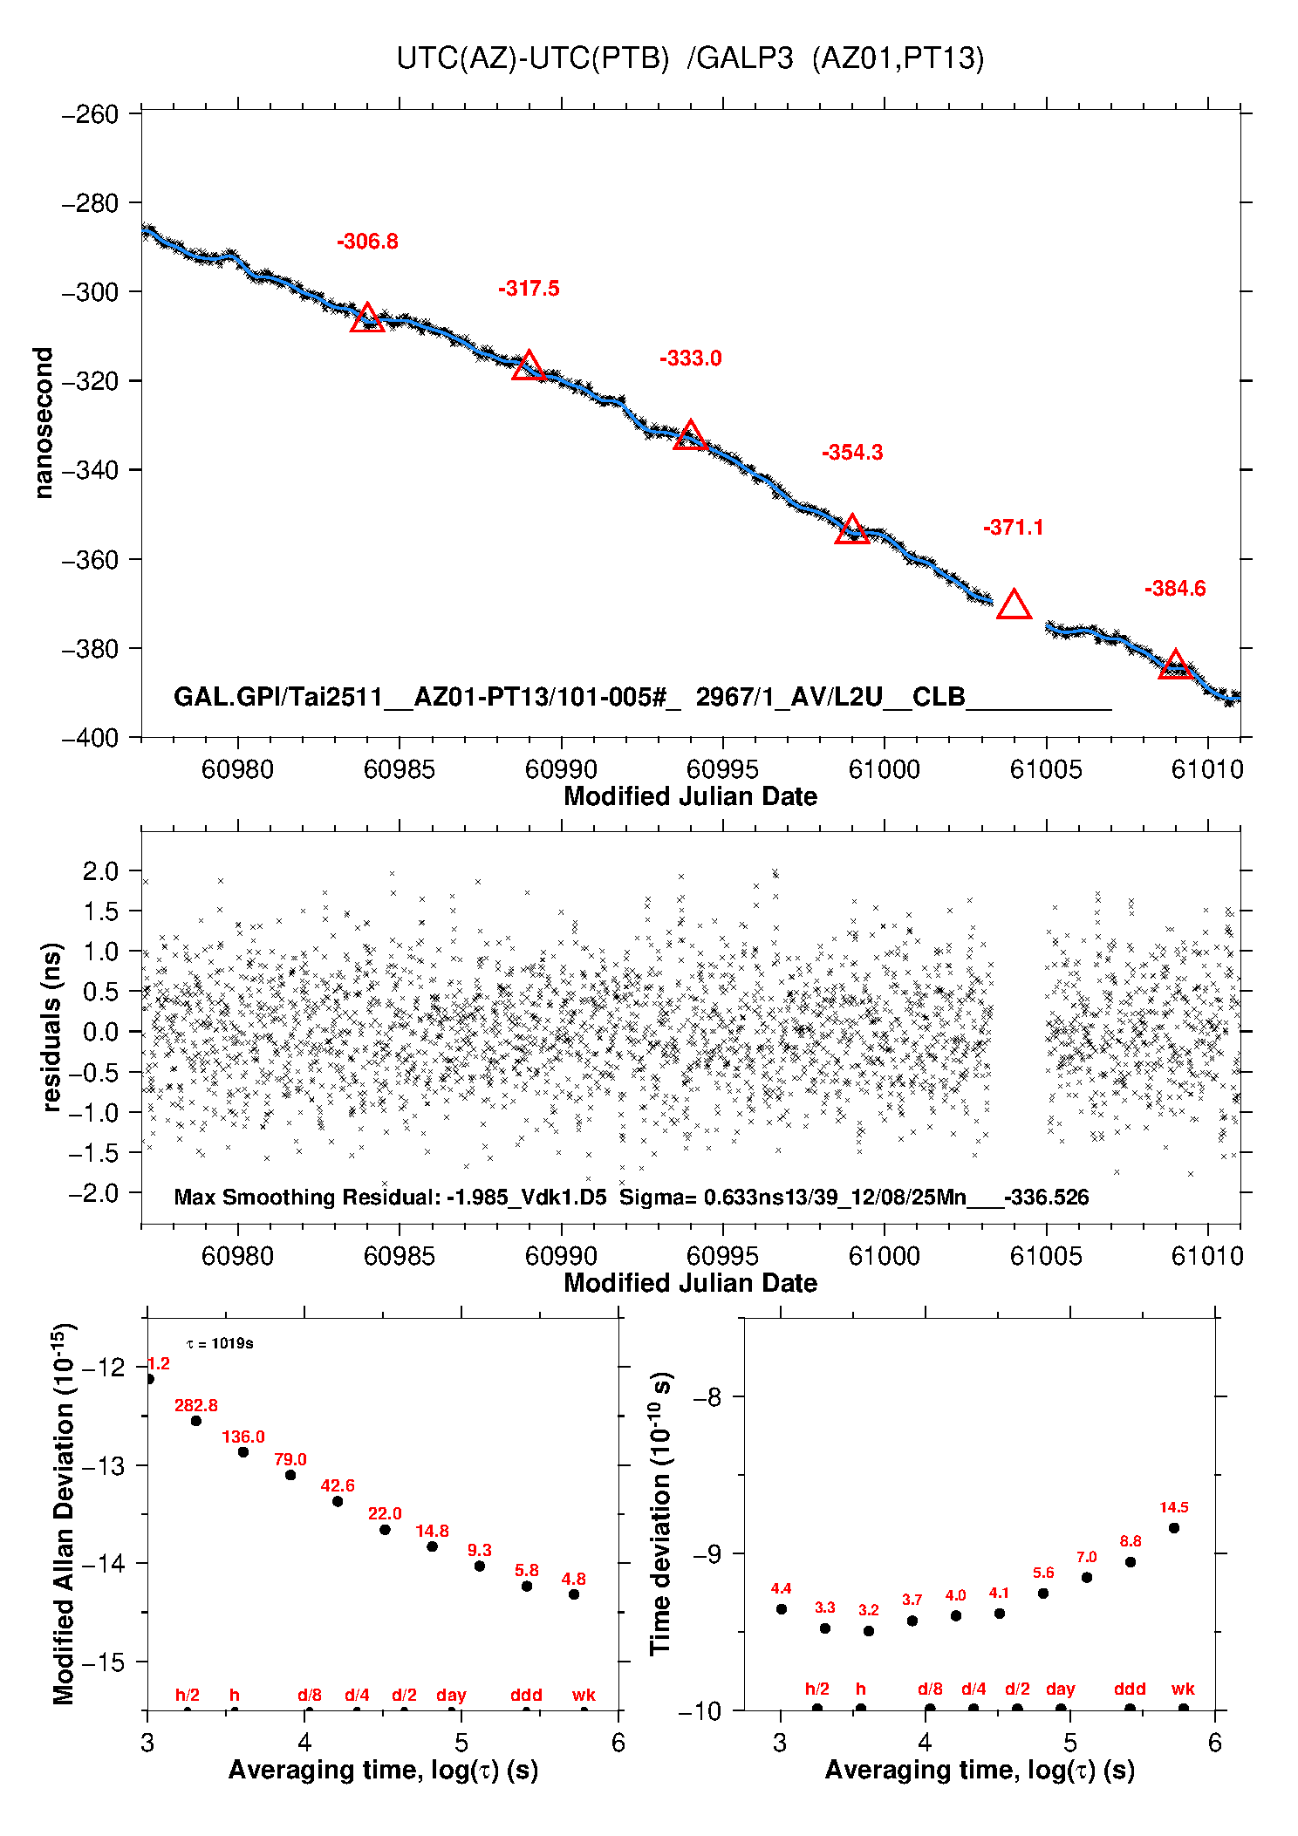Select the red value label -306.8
(x=367, y=242)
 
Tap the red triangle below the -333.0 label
(x=690, y=435)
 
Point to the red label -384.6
(x=1175, y=589)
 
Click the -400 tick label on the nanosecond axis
(x=90, y=738)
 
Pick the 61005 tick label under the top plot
(x=1045, y=769)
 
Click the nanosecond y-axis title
(x=44, y=423)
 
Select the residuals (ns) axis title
(x=52, y=1027)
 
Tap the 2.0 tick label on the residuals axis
(x=100, y=870)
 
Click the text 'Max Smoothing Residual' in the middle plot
(x=307, y=1197)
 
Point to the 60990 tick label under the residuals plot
(x=561, y=1256)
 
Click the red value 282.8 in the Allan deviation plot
(x=196, y=1405)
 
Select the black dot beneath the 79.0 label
(x=290, y=1475)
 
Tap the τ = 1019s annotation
(x=220, y=1343)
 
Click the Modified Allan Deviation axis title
(x=65, y=1514)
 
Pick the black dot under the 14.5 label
(x=1174, y=1527)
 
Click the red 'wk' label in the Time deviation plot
(x=1183, y=1689)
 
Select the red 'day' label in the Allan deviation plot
(x=451, y=1695)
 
